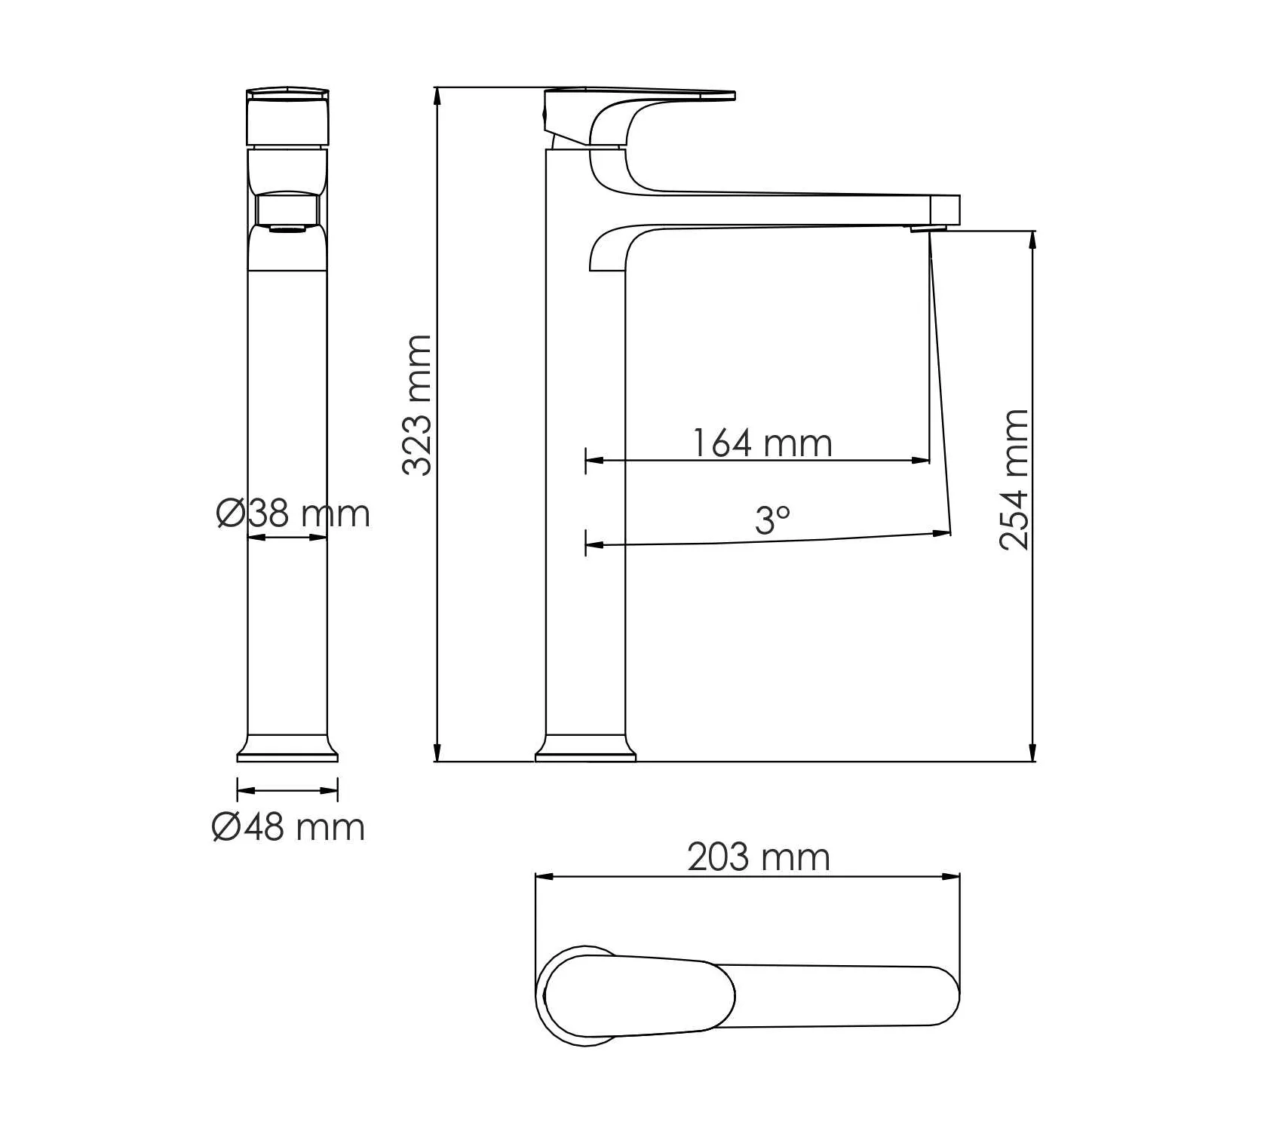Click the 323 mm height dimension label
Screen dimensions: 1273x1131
click(417, 405)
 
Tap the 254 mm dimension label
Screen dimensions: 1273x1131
click(1014, 480)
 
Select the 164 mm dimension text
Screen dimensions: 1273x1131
click(762, 443)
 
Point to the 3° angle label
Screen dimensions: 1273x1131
click(773, 520)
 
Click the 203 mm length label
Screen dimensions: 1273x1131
click(759, 857)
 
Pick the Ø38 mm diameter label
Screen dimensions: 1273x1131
click(293, 513)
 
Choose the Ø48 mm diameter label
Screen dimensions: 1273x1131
click(288, 827)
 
